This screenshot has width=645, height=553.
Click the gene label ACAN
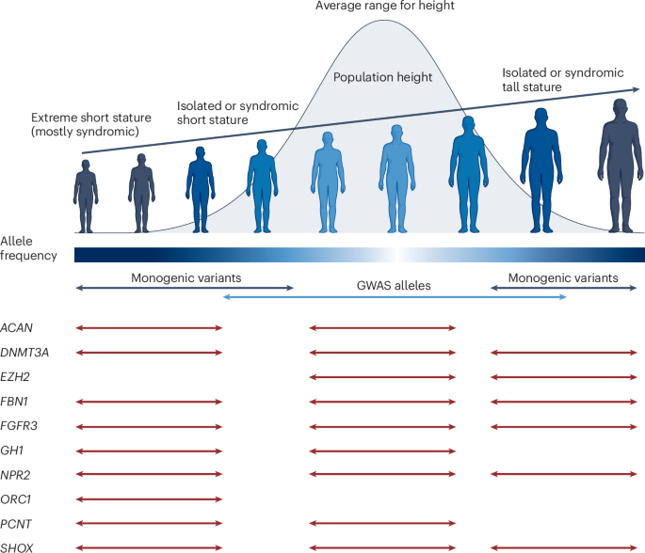(17, 327)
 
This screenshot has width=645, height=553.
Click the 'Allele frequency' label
(29, 248)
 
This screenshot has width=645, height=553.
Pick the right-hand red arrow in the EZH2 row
(563, 376)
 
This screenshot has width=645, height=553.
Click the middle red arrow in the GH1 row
(382, 450)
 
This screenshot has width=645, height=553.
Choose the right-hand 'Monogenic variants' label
(563, 278)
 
